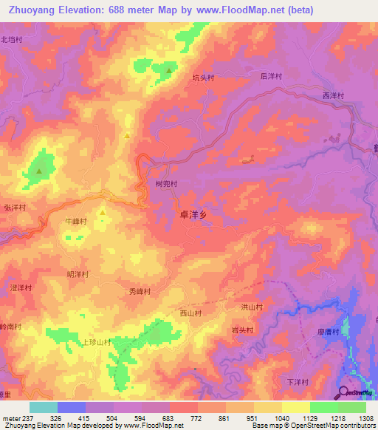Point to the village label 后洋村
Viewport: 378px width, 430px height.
(x=271, y=76)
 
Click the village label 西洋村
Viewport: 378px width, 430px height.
(x=334, y=95)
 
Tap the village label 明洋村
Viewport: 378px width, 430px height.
(x=78, y=274)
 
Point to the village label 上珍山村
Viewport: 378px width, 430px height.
(x=96, y=342)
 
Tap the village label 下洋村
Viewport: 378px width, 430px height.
(x=297, y=382)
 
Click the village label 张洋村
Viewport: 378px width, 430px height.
(x=15, y=208)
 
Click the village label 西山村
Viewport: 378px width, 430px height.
(x=191, y=313)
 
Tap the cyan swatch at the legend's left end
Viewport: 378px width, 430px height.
(x=43, y=407)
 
